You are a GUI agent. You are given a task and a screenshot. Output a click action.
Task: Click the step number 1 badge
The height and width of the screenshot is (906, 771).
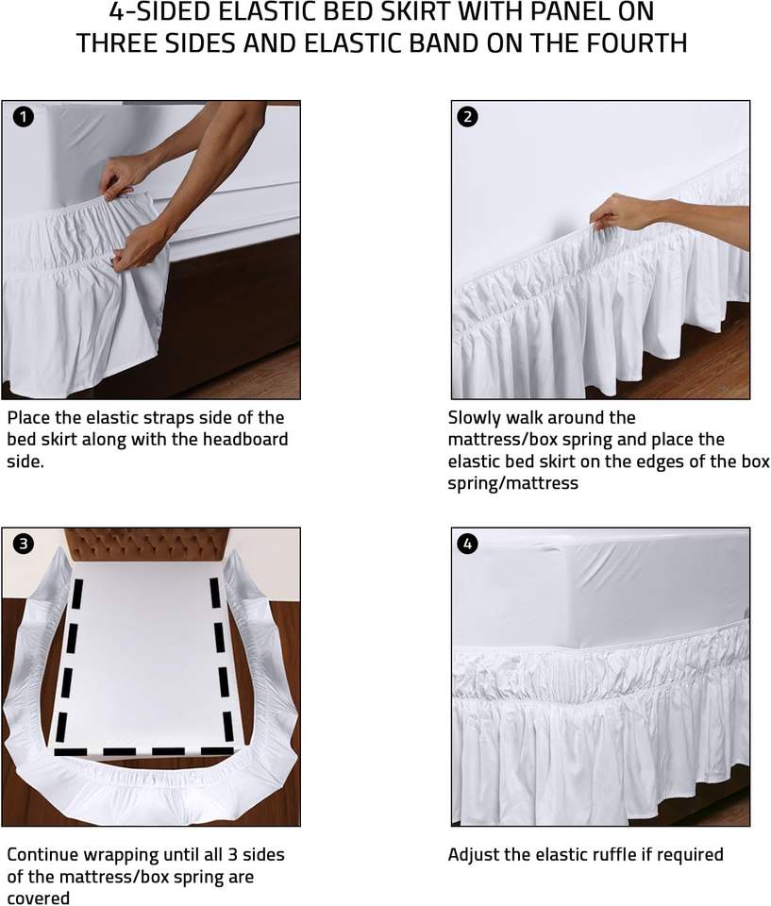[x=23, y=117]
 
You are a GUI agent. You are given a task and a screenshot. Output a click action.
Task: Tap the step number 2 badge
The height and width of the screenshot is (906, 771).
[x=467, y=117]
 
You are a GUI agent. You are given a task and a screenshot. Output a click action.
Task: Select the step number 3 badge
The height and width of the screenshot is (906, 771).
[x=23, y=544]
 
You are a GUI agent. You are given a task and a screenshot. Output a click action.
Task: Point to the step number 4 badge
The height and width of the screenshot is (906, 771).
[x=467, y=544]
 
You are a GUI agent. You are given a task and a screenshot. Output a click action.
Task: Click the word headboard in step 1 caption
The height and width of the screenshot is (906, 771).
[x=244, y=439]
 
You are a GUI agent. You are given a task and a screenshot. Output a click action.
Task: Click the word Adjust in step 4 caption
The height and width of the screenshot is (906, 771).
[x=474, y=855]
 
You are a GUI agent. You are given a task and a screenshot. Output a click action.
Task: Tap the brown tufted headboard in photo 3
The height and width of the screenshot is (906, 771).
[x=147, y=545]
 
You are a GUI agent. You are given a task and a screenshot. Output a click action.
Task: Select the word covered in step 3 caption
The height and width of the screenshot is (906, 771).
[x=38, y=898]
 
